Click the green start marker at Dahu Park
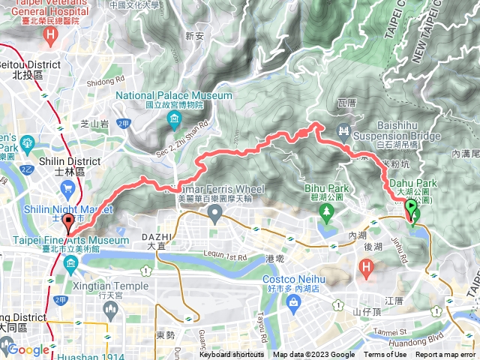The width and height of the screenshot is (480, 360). (x=412, y=209)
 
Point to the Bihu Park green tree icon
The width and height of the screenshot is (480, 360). (x=327, y=211)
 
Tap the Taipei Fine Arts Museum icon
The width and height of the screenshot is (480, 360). (x=70, y=262)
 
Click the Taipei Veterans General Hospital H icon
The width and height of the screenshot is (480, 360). (x=50, y=34)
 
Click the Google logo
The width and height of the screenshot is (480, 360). (x=28, y=349)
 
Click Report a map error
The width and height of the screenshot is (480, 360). (x=446, y=355)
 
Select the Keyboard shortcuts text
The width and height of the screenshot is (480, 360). (x=233, y=355)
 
